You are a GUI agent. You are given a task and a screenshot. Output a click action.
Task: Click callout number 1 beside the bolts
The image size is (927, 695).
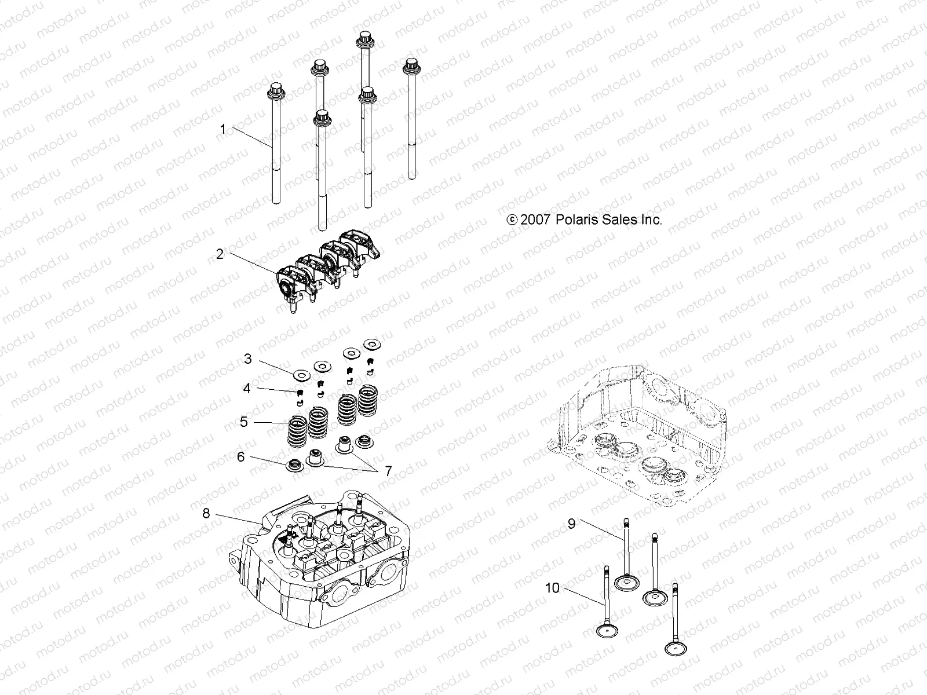coord(223,129)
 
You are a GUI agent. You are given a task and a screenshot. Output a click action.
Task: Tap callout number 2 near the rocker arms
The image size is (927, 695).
coord(220,254)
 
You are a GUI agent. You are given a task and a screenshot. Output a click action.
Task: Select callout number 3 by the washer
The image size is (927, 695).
coord(248,359)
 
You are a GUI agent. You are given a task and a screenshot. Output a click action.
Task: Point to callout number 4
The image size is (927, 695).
coord(247,388)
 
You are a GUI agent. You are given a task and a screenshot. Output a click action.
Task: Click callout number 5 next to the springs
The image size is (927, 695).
coord(244,422)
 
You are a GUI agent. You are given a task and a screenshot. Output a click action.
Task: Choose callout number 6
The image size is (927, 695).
coord(241,456)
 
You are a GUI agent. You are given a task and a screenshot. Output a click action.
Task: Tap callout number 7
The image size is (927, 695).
coord(388,471)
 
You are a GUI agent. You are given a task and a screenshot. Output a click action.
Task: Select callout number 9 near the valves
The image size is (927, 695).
coord(571,524)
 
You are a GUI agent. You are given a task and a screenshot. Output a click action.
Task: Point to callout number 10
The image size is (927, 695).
coord(552,588)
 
